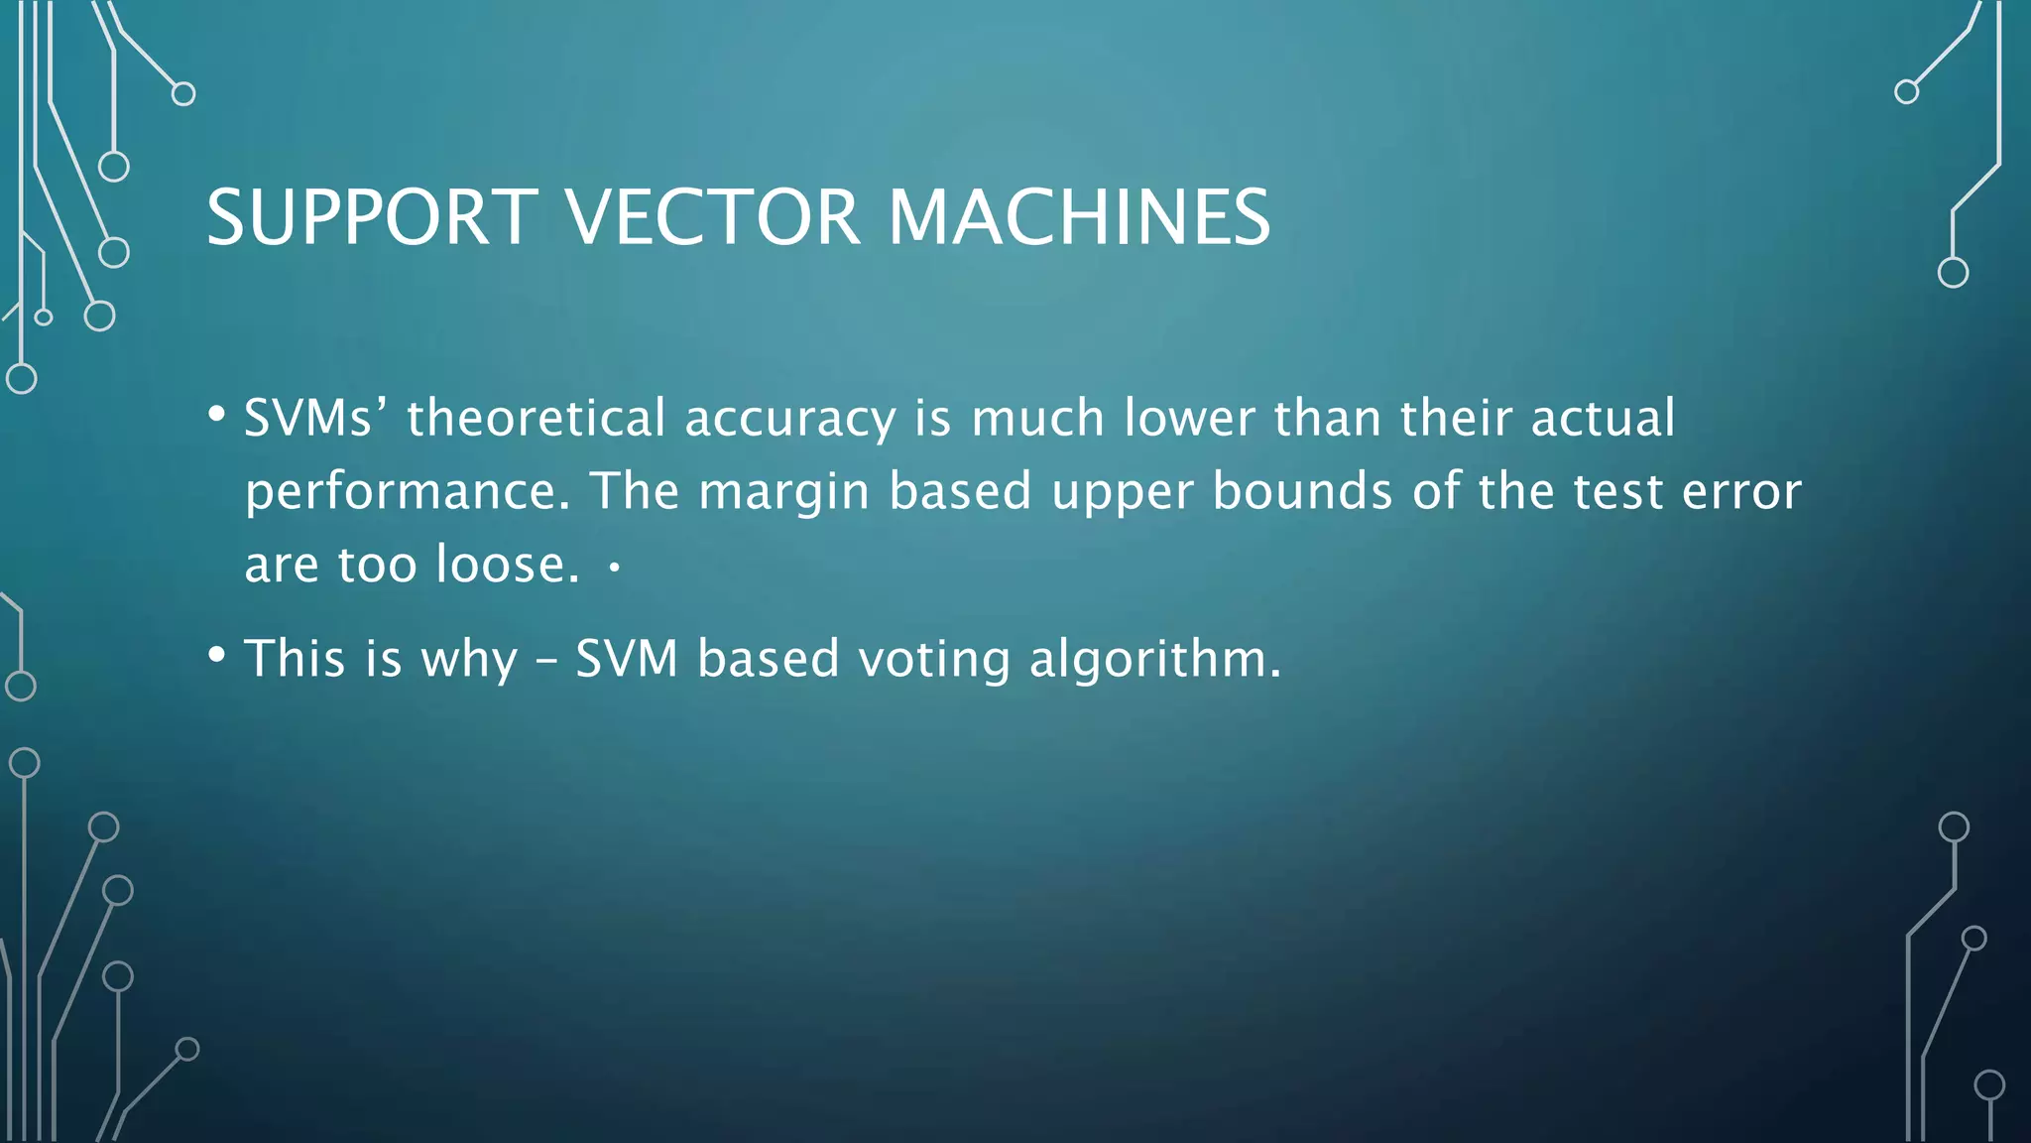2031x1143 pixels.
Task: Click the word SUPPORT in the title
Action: pyautogui.click(x=372, y=217)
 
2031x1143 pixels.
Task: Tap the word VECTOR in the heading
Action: pyautogui.click(x=712, y=217)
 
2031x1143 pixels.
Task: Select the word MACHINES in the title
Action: pyautogui.click(x=1079, y=217)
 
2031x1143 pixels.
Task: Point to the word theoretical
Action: pyautogui.click(x=536, y=418)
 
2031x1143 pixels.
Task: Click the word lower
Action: pyautogui.click(x=1189, y=418)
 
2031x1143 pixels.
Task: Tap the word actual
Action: pyautogui.click(x=1603, y=418)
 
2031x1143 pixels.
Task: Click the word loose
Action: pyautogui.click(x=507, y=565)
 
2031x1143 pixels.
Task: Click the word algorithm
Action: pyautogui.click(x=1155, y=660)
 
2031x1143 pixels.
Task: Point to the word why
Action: pyautogui.click(x=469, y=660)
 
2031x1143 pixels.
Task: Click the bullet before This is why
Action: pyautogui.click(x=217, y=655)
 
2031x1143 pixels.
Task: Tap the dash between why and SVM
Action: pyautogui.click(x=546, y=660)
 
